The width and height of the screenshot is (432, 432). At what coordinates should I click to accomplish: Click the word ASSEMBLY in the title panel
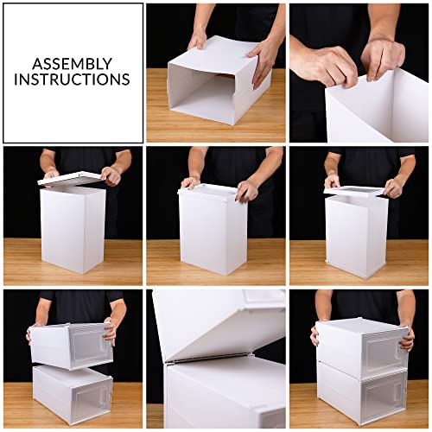coord(72,63)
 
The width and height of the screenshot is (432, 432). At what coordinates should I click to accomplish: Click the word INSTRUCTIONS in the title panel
coord(72,79)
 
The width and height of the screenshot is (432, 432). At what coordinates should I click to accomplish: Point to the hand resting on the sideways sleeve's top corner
coord(198,38)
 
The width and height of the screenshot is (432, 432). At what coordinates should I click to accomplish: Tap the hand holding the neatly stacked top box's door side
coord(406,337)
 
